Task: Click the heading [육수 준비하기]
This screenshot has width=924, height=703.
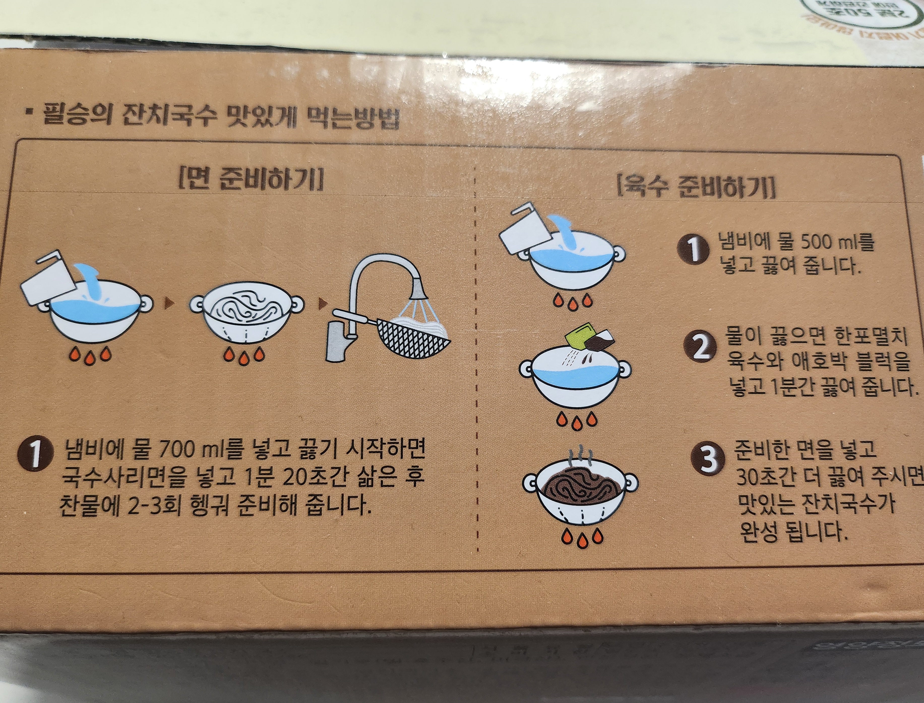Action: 696,187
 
